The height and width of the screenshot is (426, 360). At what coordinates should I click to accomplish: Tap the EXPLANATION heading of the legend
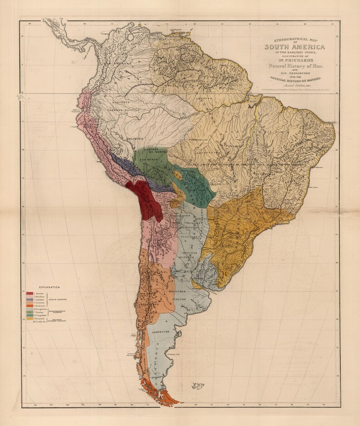coord(49,287)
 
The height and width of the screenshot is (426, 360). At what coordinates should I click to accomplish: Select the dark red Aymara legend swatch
coord(29,294)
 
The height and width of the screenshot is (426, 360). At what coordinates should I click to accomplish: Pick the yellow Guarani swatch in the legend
coord(29,319)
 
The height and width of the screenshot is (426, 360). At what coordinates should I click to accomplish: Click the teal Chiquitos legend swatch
coord(29,315)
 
